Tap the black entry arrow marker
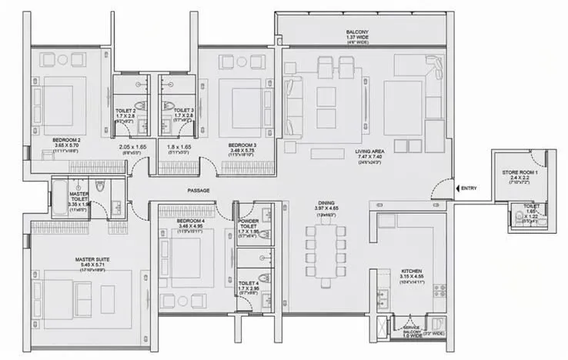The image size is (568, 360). point(458,188)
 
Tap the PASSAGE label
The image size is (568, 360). point(199,190)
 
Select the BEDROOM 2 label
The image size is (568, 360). point(67,140)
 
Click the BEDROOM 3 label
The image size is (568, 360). point(242,144)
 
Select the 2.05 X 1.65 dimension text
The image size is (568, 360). point(132,147)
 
